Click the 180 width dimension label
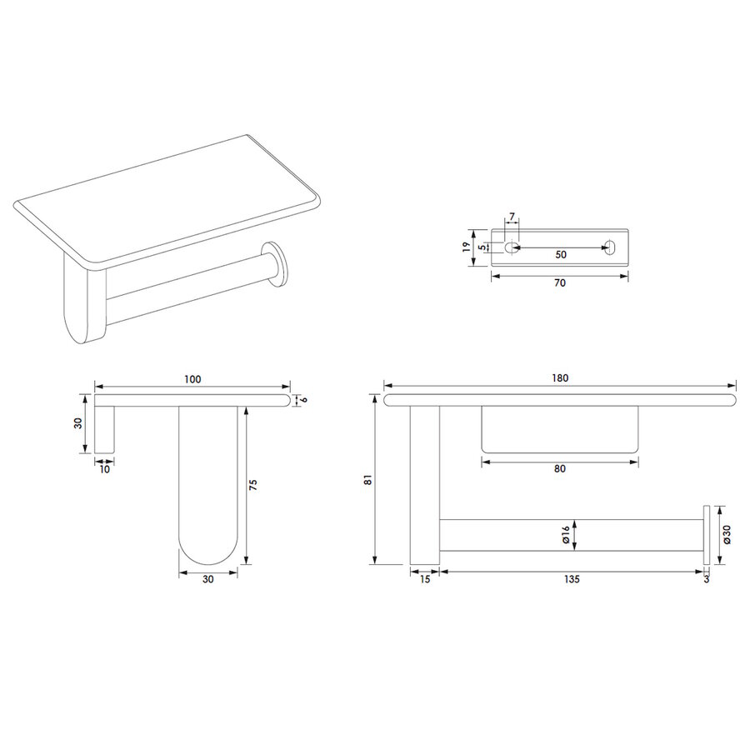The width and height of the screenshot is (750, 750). click(x=559, y=377)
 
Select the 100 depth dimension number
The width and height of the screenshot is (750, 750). click(x=192, y=379)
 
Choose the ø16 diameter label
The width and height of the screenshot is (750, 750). click(x=566, y=534)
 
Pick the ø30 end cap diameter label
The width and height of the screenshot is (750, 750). click(x=727, y=534)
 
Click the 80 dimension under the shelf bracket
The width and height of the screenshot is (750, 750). click(x=559, y=468)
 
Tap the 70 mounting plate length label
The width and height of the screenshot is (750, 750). click(x=559, y=283)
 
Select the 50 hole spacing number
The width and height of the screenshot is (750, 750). click(x=560, y=255)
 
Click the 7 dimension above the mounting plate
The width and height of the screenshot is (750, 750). click(x=511, y=217)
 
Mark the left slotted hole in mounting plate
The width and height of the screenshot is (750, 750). click(x=511, y=247)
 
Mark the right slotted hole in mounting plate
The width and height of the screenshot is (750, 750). click(x=610, y=247)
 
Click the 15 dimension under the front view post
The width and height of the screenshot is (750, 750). click(x=424, y=579)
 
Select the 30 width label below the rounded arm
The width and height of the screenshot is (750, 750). click(x=208, y=579)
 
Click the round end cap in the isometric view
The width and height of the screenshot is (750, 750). click(x=275, y=263)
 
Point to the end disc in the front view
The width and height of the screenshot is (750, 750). click(x=707, y=534)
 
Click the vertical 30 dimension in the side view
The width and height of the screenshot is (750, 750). click(x=77, y=423)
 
